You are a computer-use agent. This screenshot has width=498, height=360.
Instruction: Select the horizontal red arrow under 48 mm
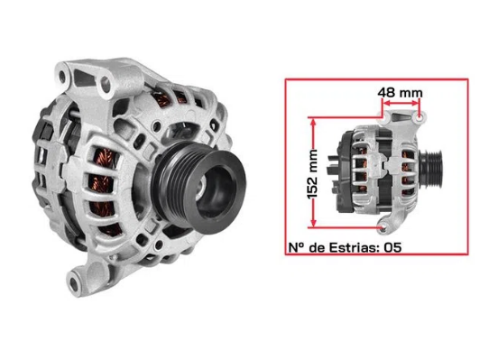click(x=401, y=105)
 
